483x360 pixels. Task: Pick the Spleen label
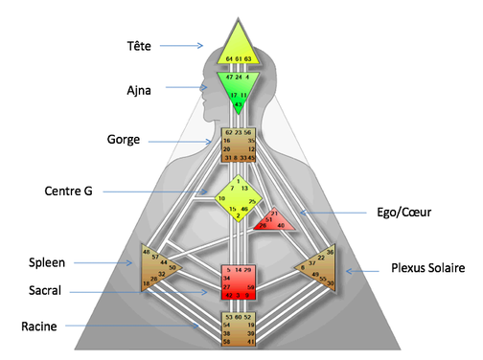47,261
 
